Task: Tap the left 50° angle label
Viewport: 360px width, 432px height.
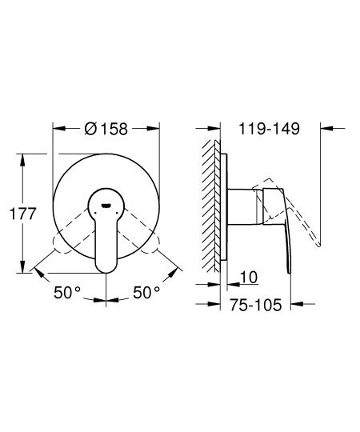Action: coord(67,294)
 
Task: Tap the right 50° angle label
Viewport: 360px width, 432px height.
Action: coord(146,294)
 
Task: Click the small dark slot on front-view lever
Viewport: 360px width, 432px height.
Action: coord(106,204)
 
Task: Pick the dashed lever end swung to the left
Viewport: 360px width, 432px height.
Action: coord(59,240)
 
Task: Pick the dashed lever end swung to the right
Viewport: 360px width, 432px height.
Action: coord(153,240)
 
